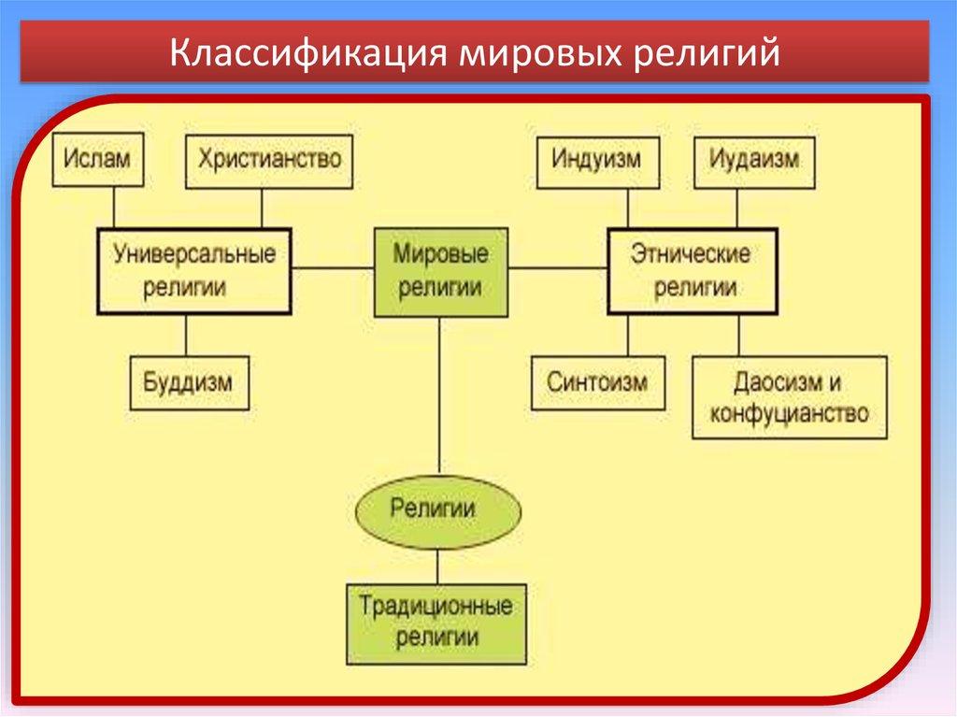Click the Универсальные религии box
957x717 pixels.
click(x=194, y=270)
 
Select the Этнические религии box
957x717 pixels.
click(x=692, y=270)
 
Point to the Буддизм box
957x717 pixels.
click(x=189, y=382)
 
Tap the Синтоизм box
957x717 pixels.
click(x=598, y=382)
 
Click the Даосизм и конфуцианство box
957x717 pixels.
click(x=790, y=397)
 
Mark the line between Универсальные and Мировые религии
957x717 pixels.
click(x=332, y=269)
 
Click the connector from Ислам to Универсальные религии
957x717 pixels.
click(x=114, y=207)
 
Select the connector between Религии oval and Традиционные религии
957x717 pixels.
click(x=436, y=566)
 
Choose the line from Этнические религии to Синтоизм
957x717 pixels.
click(x=627, y=335)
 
